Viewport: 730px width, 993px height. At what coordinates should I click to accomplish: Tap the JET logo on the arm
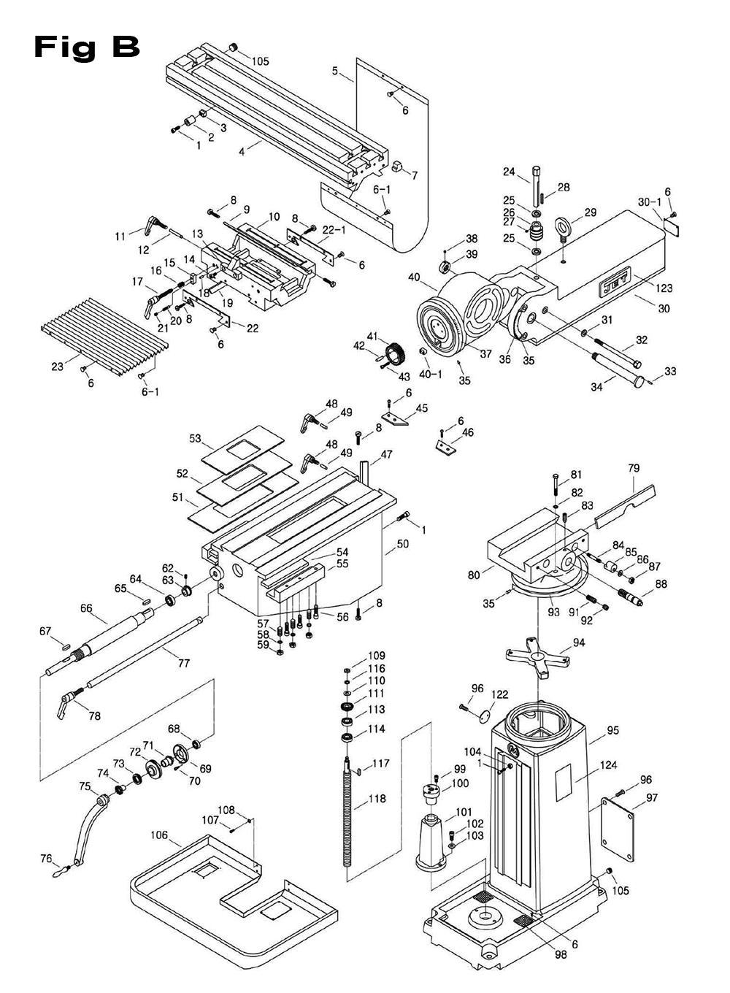(x=612, y=287)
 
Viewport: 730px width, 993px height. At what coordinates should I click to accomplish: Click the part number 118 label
(x=377, y=799)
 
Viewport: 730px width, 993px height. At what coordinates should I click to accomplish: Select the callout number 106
(x=159, y=835)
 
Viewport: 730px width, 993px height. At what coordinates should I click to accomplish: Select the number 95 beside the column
(x=612, y=729)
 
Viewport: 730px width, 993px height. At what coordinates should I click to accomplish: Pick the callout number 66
(x=87, y=607)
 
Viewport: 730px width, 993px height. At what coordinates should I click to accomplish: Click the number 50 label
(x=402, y=544)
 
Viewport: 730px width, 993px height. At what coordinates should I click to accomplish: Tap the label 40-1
(x=431, y=375)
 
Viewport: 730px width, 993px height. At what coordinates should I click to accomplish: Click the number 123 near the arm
(x=664, y=288)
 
